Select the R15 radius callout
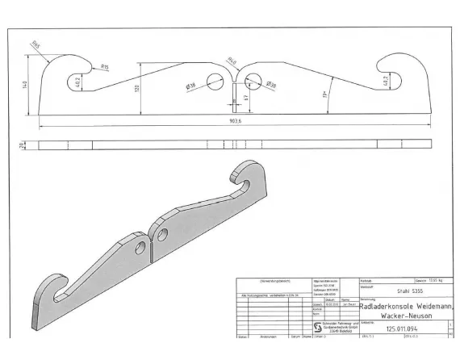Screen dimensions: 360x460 [x=105, y=68]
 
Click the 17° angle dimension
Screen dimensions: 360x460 [x=325, y=95]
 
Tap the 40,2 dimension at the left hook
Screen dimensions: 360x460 [x=77, y=82]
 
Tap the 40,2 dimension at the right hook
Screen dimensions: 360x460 [x=384, y=82]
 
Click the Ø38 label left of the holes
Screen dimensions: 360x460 [x=191, y=85]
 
